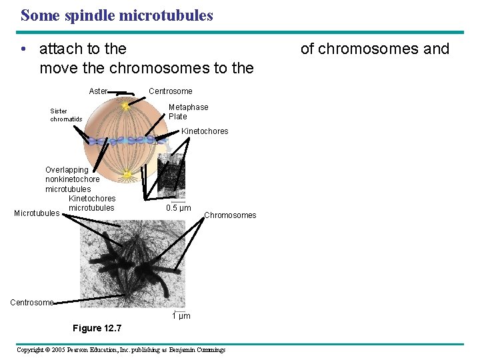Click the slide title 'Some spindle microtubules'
[x=117, y=15]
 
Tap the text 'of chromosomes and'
[x=375, y=49]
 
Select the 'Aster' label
[x=98, y=91]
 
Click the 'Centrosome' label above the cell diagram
[x=170, y=91]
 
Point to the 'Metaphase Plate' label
[x=188, y=111]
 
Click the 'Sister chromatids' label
[x=66, y=115]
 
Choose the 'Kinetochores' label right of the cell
[x=205, y=131]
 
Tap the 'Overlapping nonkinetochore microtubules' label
[x=72, y=179]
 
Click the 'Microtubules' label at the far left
[x=37, y=213]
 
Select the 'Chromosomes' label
[x=230, y=215]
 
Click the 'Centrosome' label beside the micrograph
[x=31, y=303]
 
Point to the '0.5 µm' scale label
[x=178, y=208]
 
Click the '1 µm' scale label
[x=181, y=316]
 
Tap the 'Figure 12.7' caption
[x=97, y=328]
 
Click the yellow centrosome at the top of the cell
[x=125, y=105]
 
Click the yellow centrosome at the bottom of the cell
[x=127, y=175]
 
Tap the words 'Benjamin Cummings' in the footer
[x=198, y=349]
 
